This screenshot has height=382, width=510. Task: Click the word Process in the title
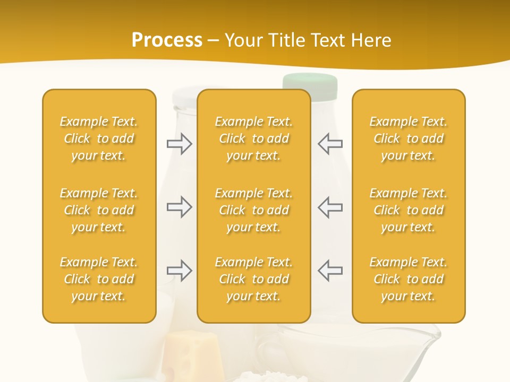(x=167, y=40)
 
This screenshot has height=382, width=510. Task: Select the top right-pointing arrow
(x=179, y=144)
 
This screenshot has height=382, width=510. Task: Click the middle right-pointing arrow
(x=179, y=207)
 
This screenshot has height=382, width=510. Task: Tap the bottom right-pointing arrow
(x=179, y=271)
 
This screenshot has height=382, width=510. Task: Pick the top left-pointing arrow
(x=330, y=144)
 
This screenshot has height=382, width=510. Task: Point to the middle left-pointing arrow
(x=330, y=207)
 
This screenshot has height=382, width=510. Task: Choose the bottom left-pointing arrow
(x=330, y=271)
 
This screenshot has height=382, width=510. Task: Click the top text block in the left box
(x=99, y=138)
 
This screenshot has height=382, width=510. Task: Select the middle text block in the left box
(x=99, y=210)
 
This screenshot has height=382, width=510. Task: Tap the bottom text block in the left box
(x=99, y=279)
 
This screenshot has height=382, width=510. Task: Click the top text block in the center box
(x=254, y=138)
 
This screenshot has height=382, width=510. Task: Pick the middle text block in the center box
(x=254, y=210)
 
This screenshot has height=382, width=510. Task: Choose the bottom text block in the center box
(x=254, y=279)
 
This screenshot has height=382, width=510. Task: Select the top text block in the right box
(x=409, y=138)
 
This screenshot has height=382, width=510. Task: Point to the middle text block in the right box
(x=409, y=210)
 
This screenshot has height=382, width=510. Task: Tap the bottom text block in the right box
(x=409, y=279)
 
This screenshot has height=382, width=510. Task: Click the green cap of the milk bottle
(x=310, y=83)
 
